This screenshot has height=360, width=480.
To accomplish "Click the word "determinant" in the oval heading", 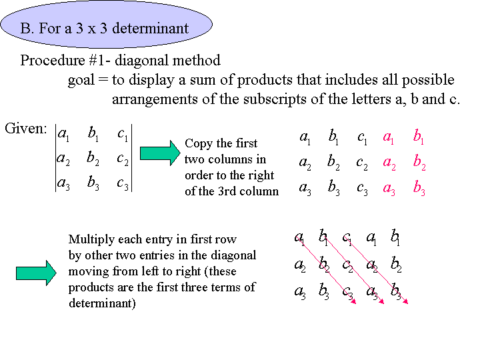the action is click(150, 29).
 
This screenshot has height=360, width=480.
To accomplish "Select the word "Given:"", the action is click(26, 129).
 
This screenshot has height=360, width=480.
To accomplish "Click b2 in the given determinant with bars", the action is click(93, 158).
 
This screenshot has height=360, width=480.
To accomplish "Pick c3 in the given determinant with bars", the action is click(123, 184).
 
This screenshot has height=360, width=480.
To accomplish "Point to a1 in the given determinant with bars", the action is click(63, 134).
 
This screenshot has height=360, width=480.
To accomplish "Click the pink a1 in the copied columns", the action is click(388, 137).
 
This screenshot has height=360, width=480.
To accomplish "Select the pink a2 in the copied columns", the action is click(389, 163).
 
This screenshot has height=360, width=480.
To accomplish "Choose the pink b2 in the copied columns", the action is click(419, 162).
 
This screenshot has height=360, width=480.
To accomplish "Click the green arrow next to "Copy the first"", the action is click(160, 153).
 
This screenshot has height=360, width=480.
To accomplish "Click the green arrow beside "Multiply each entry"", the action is click(36, 273).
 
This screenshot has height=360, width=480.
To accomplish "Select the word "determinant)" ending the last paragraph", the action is click(102, 303).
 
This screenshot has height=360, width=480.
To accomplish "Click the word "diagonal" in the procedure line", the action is click(140, 61).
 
